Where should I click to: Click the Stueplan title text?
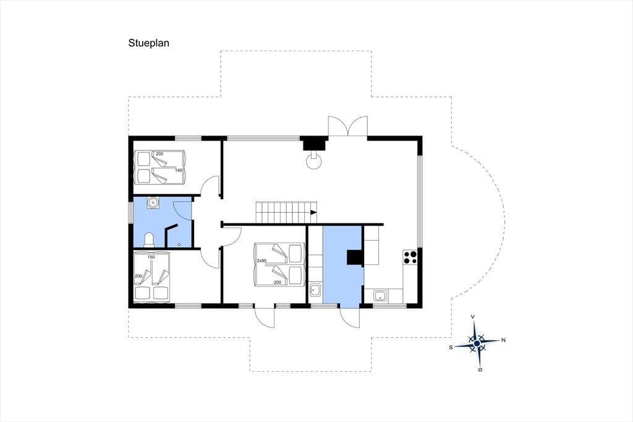(148, 43)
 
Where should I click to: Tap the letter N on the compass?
(503, 340)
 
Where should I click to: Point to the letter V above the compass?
(473, 317)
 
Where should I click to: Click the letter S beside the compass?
(451, 347)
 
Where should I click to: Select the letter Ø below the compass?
(480, 369)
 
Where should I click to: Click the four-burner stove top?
(410, 257)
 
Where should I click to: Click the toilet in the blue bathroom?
(149, 239)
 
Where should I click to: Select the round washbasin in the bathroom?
(153, 202)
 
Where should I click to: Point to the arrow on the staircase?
(313, 212)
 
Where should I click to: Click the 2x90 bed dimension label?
(261, 261)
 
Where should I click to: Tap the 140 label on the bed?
(179, 170)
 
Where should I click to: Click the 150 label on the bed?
(151, 257)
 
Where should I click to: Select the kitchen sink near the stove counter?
(380, 296)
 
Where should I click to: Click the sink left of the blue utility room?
(315, 290)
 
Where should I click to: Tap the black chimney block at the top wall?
(315, 144)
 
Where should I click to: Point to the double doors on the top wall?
(347, 126)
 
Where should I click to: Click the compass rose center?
(477, 343)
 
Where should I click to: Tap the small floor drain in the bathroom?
(179, 244)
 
